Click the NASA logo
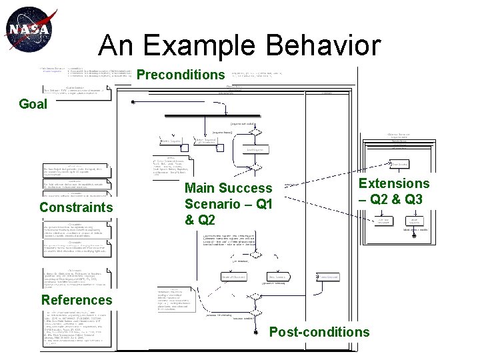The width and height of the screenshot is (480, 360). pyautogui.click(x=27, y=30)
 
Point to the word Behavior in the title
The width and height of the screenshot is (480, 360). pyautogui.click(x=333, y=46)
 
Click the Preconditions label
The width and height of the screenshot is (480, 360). pyautogui.click(x=181, y=75)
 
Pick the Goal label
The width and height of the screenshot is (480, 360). pyautogui.click(x=33, y=104)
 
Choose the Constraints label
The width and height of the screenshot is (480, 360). pyautogui.click(x=76, y=207)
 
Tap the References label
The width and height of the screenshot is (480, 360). pyautogui.click(x=77, y=299)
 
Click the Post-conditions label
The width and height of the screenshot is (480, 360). pyautogui.click(x=319, y=331)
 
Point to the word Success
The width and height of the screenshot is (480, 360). pyautogui.click(x=247, y=189)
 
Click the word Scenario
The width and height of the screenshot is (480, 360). pyautogui.click(x=215, y=205)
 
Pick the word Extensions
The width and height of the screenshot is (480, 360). pyautogui.click(x=394, y=183)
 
